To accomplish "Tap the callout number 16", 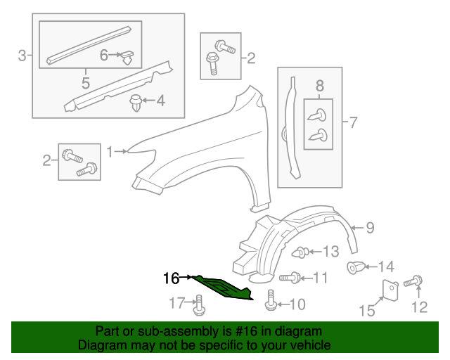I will tap(172, 278).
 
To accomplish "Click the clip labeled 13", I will tap(300, 251).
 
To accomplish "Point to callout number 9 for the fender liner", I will tap(369, 226).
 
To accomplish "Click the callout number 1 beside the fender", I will tap(110, 150).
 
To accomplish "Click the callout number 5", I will tap(85, 83).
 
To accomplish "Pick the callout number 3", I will tap(22, 55).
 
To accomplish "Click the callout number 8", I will tap(319, 86).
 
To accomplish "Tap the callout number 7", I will tap(353, 123).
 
